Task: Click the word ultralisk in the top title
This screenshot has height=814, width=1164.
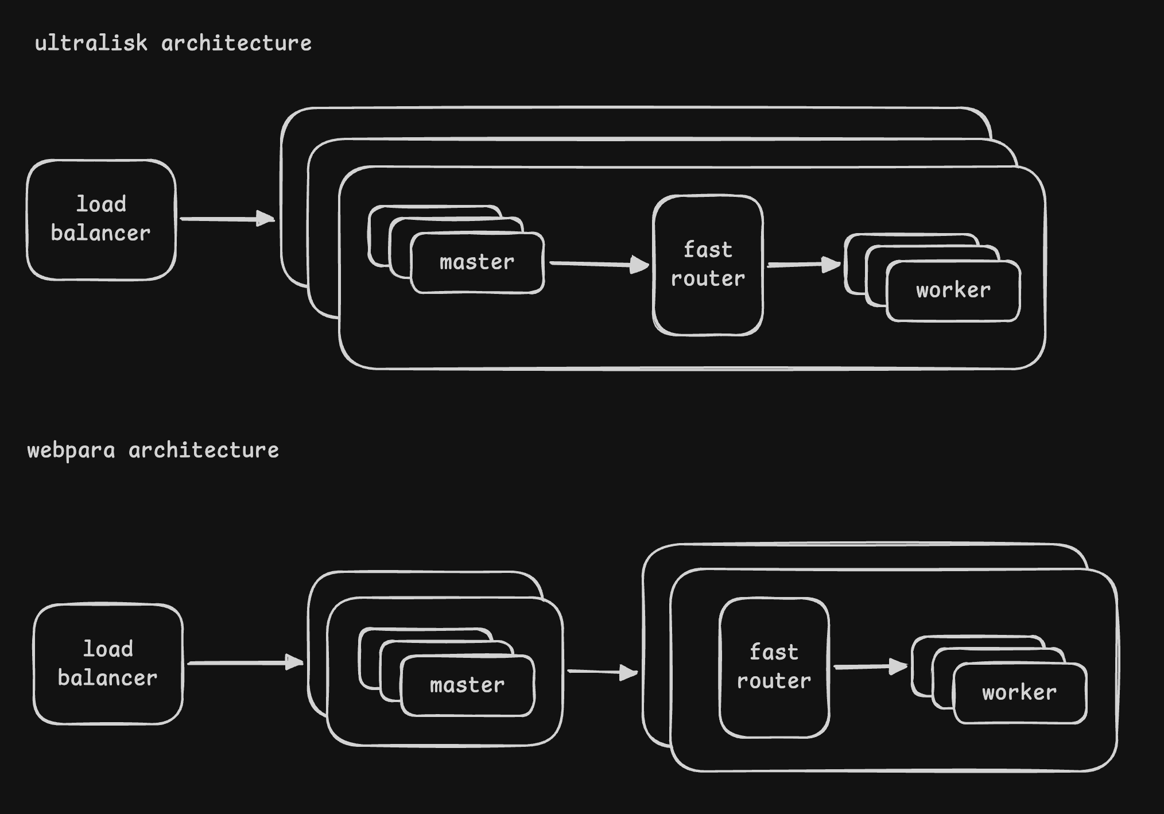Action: pyautogui.click(x=91, y=43)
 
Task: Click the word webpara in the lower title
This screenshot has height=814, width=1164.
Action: pyautogui.click(x=71, y=451)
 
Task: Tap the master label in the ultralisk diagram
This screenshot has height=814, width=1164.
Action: pyautogui.click(x=477, y=262)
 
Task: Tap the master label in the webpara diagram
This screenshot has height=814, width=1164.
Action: pyautogui.click(x=467, y=685)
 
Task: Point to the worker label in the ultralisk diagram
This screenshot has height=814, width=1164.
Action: pyautogui.click(x=953, y=290)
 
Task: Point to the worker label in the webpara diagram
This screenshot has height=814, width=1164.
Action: pyautogui.click(x=1019, y=693)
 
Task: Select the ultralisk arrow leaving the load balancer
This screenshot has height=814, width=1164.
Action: pyautogui.click(x=227, y=219)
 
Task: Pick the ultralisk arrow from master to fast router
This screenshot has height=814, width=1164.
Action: pyautogui.click(x=599, y=264)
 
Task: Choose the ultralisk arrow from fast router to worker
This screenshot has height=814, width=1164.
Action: pyautogui.click(x=804, y=265)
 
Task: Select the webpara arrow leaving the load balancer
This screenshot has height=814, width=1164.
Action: pyautogui.click(x=246, y=663)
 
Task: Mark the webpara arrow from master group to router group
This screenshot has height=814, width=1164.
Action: pyautogui.click(x=603, y=672)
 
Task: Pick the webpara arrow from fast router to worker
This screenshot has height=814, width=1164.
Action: pyautogui.click(x=871, y=666)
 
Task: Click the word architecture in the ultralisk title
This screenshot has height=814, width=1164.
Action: pyautogui.click(x=236, y=43)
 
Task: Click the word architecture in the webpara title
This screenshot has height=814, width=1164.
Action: pyautogui.click(x=204, y=451)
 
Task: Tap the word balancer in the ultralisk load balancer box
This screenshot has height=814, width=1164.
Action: pyautogui.click(x=100, y=233)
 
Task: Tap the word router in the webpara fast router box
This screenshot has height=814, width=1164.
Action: pyautogui.click(x=774, y=681)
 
